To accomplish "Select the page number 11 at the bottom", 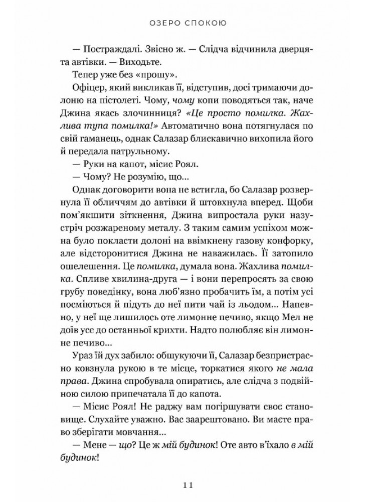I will tap(182, 484).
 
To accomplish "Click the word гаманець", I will tap(118, 156).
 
